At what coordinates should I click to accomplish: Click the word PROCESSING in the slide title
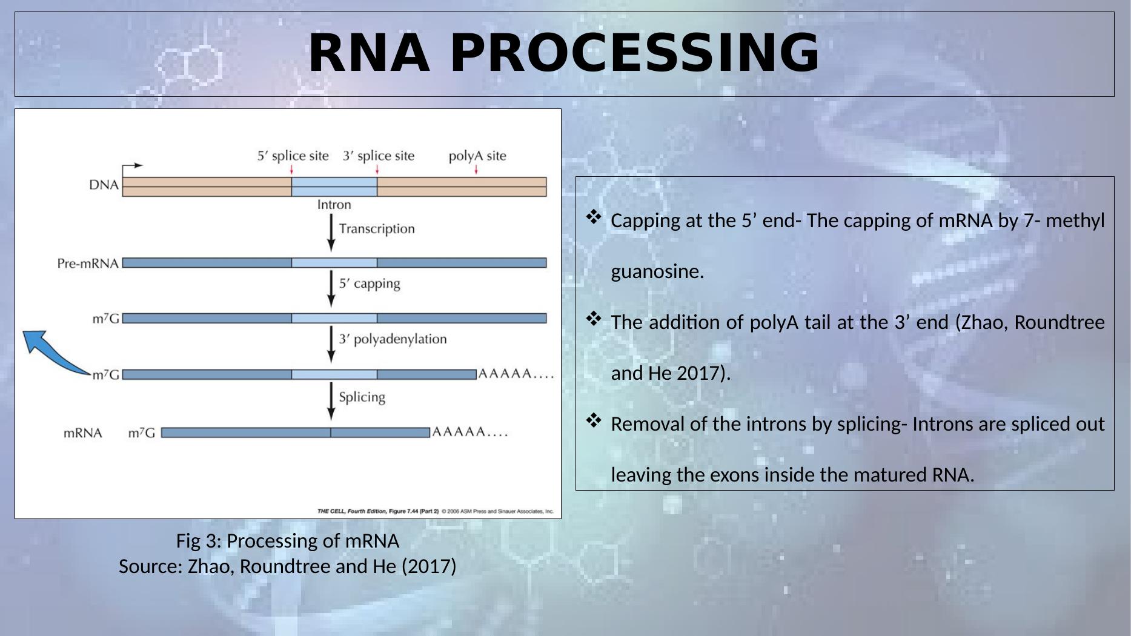(635, 53)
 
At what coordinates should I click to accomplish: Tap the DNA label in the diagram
(104, 185)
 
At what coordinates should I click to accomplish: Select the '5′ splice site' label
(293, 156)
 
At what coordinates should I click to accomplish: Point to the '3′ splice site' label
(379, 156)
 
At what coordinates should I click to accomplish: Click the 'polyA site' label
(477, 156)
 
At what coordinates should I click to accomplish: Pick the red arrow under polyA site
(476, 170)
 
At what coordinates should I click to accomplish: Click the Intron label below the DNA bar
(334, 205)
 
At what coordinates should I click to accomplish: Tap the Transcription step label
(376, 229)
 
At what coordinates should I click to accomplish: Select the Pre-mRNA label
(88, 263)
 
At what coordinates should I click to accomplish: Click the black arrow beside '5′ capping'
(331, 288)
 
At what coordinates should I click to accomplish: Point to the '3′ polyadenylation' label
(392, 339)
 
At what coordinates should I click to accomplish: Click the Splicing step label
(362, 397)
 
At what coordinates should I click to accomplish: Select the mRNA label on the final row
(83, 433)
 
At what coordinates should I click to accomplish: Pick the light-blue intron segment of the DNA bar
(334, 187)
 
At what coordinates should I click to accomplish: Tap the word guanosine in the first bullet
(657, 271)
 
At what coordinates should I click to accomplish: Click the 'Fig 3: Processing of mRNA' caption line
(287, 541)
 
